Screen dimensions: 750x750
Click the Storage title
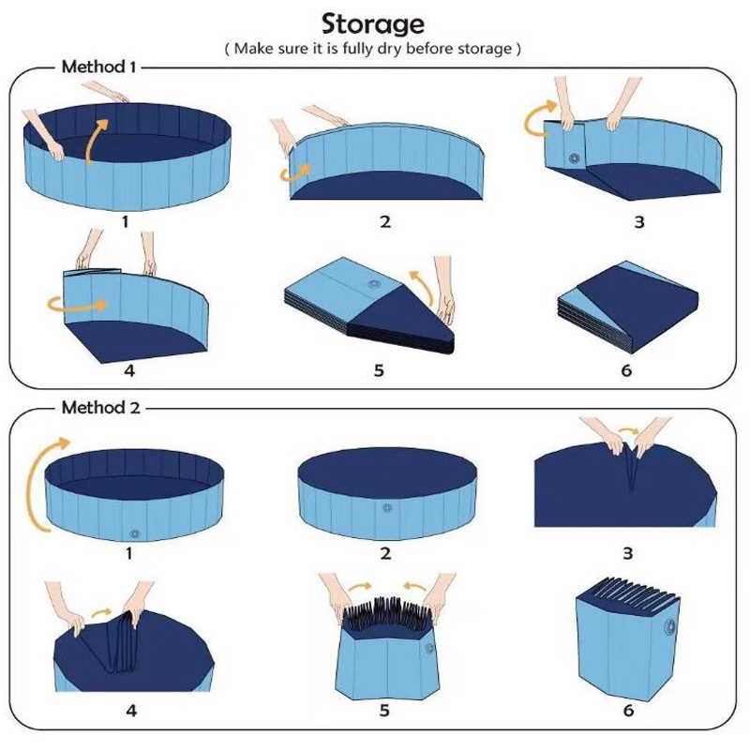[x=372, y=25]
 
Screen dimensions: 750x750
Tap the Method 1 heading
[x=99, y=67]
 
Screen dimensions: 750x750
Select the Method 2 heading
[x=101, y=408]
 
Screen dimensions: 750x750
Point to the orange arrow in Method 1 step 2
[x=294, y=173]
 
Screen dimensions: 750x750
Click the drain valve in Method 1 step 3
[x=574, y=158]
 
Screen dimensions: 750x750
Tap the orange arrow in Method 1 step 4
[x=77, y=305]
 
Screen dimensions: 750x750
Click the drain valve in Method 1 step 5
[x=373, y=285]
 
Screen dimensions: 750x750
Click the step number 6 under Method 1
[x=626, y=370]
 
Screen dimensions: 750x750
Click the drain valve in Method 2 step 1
[x=135, y=533]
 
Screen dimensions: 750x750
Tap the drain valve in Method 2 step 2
[x=386, y=508]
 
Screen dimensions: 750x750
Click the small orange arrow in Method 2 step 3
[x=628, y=431]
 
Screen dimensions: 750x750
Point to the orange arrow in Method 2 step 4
[x=102, y=612]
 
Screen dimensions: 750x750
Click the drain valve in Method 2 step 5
[x=429, y=649]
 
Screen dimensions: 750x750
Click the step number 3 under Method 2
[x=627, y=553]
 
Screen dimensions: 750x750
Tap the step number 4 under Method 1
[x=129, y=370]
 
